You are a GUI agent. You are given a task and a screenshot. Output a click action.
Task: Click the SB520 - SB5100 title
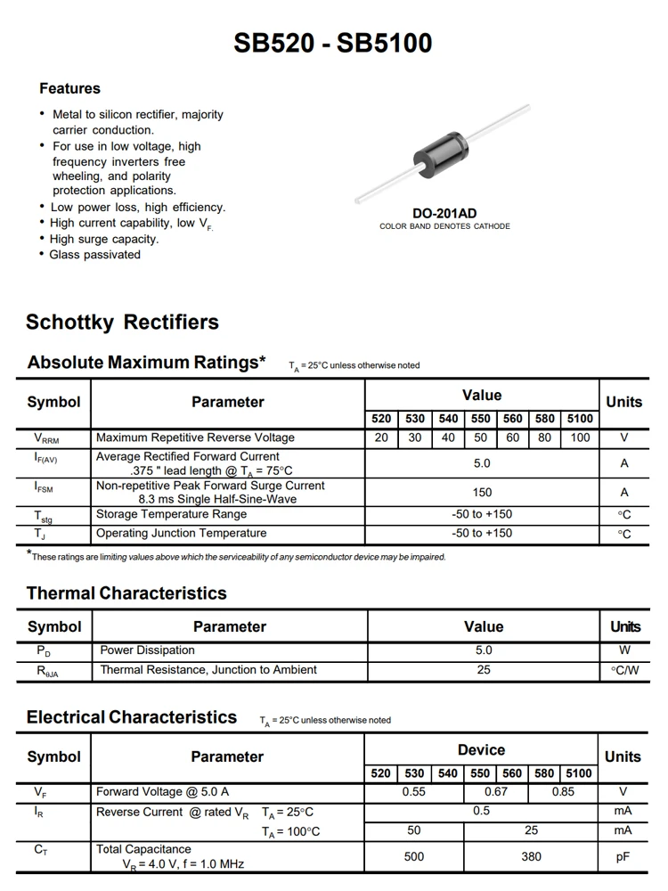click(333, 43)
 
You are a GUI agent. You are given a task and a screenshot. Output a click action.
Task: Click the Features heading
click(69, 88)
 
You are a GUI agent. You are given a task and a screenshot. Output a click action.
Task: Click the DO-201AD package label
click(444, 213)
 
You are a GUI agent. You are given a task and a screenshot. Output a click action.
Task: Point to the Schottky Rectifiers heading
click(122, 323)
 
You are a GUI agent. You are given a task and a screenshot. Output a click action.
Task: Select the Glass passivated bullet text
click(95, 255)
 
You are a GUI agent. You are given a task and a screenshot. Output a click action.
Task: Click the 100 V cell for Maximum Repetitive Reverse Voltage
click(580, 437)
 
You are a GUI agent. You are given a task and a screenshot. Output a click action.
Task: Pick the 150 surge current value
click(482, 492)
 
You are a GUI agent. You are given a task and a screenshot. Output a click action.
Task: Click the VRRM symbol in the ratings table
click(46, 438)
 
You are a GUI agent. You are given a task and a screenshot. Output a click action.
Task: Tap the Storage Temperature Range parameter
click(172, 514)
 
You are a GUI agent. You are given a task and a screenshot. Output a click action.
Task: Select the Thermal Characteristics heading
click(126, 593)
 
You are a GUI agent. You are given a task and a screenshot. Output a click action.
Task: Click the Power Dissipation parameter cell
click(147, 650)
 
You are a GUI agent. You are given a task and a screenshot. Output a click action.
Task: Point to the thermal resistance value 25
click(484, 670)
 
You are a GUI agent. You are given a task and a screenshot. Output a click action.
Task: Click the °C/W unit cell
click(624, 670)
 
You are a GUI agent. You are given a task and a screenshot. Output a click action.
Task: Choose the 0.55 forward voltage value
click(414, 791)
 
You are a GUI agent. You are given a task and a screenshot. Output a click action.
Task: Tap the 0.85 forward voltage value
click(563, 791)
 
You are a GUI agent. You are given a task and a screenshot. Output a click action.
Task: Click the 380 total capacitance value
click(531, 856)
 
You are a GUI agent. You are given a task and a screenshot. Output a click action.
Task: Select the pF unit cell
click(623, 856)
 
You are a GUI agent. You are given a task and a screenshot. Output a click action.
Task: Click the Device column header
click(481, 750)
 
